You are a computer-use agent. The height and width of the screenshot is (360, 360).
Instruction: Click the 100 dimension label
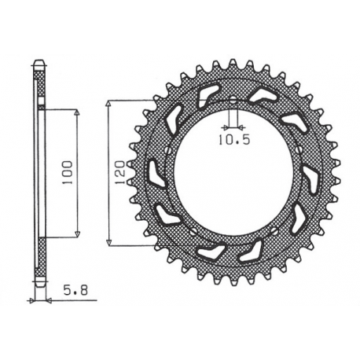point(68,172)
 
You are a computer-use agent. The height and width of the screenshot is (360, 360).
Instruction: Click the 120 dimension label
point(120,171)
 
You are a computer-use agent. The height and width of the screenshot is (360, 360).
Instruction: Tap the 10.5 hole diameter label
point(234,141)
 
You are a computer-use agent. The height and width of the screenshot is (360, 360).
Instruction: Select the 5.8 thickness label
point(75,291)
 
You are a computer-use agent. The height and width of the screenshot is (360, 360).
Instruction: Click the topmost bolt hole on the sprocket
point(233,100)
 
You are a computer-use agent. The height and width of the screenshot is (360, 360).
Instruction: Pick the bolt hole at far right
point(298,150)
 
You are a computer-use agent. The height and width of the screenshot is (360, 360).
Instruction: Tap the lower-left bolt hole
point(193,231)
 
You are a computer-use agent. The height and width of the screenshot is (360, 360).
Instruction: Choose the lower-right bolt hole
point(274,231)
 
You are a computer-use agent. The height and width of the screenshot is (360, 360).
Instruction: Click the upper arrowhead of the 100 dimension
point(77,112)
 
